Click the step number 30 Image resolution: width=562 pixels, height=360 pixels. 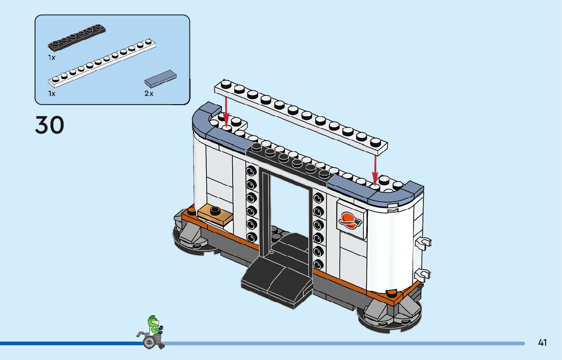50,125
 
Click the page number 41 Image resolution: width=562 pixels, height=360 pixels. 542,343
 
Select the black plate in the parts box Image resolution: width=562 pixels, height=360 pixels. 77,38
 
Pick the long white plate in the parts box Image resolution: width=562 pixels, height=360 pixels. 102,60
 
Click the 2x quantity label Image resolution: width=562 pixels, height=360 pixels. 148,93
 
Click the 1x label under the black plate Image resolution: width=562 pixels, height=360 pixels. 52,58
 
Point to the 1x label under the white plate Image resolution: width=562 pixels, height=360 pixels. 52,93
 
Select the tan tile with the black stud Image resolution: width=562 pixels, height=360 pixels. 215,212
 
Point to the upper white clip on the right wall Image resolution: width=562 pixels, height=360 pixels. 423,242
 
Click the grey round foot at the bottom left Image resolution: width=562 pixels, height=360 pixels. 190,239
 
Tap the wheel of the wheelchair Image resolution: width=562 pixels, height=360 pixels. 149,343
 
